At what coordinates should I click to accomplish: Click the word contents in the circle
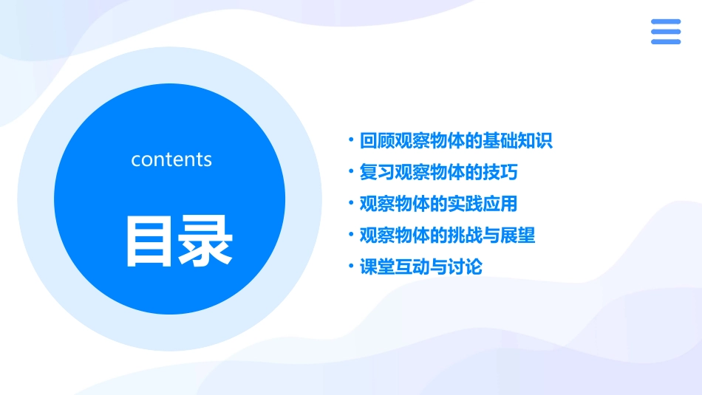click(171, 159)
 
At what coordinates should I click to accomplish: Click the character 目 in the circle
click(150, 241)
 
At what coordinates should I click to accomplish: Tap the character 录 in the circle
click(205, 241)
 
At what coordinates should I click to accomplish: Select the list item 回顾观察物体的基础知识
click(455, 140)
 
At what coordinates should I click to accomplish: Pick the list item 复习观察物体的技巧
click(438, 172)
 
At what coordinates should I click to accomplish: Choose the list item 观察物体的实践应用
click(438, 204)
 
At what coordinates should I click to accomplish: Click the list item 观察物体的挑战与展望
click(447, 236)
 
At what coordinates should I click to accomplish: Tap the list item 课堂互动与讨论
click(420, 267)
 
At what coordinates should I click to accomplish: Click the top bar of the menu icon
click(666, 22)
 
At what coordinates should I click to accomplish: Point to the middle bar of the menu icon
click(666, 32)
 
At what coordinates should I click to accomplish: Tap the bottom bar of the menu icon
click(666, 41)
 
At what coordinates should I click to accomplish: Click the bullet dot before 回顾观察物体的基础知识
click(351, 140)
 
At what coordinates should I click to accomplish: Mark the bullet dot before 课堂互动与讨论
click(351, 266)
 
